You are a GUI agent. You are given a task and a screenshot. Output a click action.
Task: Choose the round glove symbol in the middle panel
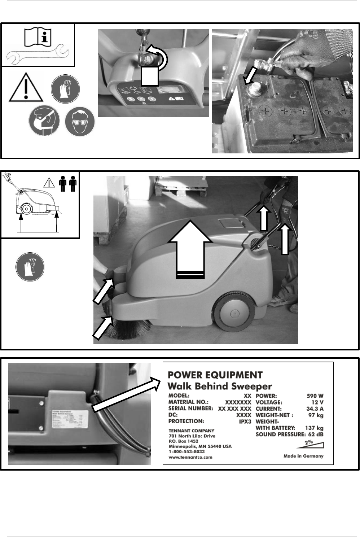[30, 267]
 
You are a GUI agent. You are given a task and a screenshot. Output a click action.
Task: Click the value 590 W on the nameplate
[315, 396]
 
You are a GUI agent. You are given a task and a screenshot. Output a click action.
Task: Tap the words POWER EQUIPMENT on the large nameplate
[215, 375]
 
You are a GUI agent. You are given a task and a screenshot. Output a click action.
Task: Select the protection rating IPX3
[245, 421]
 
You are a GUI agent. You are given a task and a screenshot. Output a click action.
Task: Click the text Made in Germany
[303, 456]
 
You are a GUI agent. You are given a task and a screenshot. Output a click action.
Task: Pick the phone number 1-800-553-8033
[186, 451]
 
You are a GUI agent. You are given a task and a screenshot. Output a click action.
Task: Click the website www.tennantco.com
[190, 457]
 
